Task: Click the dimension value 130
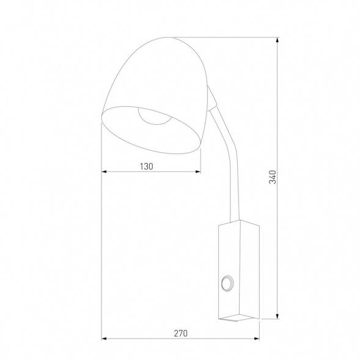pos(145,166)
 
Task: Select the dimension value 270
pos(180,333)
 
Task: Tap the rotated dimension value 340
pos(273,178)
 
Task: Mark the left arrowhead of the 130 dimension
pos(105,172)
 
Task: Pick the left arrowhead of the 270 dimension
pos(105,339)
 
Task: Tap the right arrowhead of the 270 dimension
pos(257,339)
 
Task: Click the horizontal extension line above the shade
pos(238,39)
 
